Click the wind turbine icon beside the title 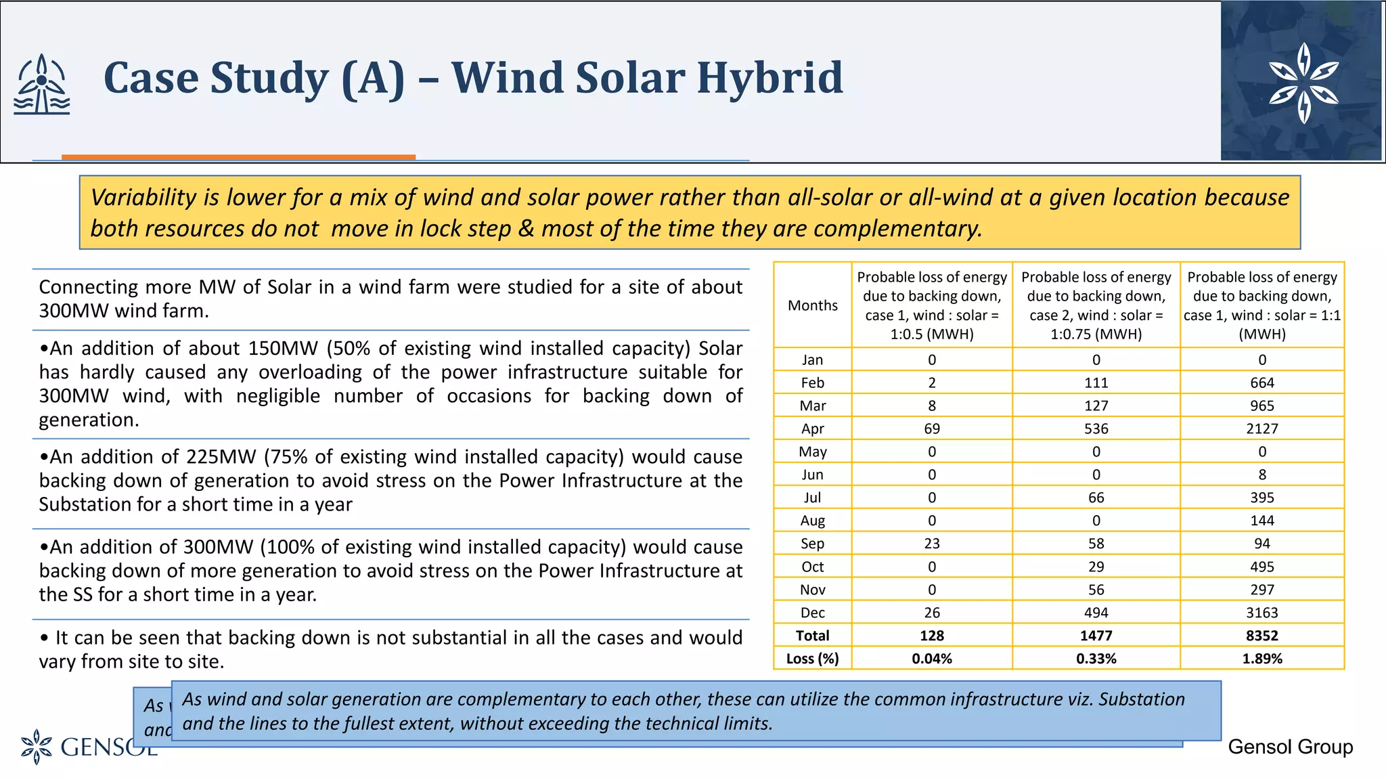click(x=42, y=85)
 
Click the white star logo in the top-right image click(x=1303, y=83)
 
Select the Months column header click(x=812, y=305)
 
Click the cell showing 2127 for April click(x=1261, y=429)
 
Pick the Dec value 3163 click(x=1261, y=613)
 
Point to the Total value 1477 click(x=1096, y=636)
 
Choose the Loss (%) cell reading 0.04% click(x=931, y=659)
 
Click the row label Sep click(x=812, y=544)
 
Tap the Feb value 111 click(x=1096, y=383)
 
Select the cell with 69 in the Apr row click(x=931, y=429)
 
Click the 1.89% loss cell click(x=1261, y=659)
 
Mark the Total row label click(x=812, y=636)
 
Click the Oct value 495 click(x=1261, y=567)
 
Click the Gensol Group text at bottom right click(x=1290, y=747)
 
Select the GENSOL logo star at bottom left click(x=37, y=746)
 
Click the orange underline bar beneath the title click(x=238, y=157)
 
